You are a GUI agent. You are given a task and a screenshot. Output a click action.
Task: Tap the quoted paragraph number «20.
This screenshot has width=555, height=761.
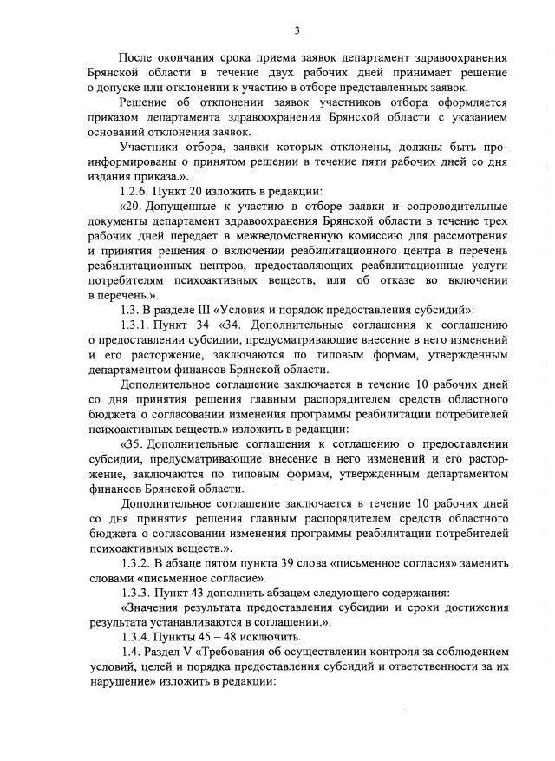click(x=132, y=206)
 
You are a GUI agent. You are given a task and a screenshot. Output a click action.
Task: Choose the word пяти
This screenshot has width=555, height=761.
click(x=387, y=161)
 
